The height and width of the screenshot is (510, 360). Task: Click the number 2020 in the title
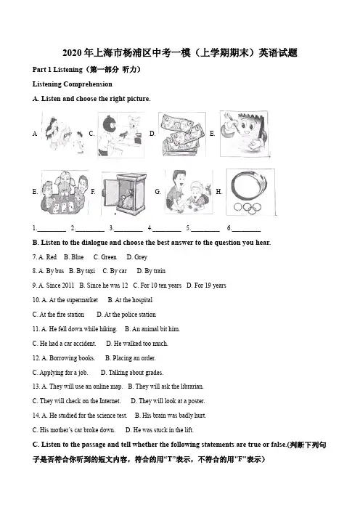(x=72, y=53)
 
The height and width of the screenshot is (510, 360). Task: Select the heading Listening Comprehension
(x=72, y=84)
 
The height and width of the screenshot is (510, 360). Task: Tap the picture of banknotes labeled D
(x=182, y=134)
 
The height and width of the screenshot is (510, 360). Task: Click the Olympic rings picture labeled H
(x=250, y=192)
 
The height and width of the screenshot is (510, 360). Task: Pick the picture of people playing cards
(x=65, y=193)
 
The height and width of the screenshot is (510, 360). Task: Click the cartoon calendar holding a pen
(x=244, y=134)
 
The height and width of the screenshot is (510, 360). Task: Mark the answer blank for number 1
(x=52, y=230)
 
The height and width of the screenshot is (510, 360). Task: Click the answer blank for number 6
(x=246, y=230)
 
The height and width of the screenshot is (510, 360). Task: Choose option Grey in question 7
(x=136, y=257)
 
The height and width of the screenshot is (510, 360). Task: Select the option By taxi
(x=82, y=271)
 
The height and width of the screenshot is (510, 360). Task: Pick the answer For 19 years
(x=206, y=286)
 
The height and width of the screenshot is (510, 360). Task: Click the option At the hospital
(x=130, y=300)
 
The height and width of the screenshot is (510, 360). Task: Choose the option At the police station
(x=126, y=315)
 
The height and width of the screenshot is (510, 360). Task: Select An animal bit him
(x=152, y=329)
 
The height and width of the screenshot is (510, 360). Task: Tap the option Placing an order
(x=131, y=358)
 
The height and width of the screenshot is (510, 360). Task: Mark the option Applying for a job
(x=60, y=373)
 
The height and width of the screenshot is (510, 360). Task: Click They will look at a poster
(x=168, y=401)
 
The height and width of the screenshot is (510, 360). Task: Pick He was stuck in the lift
(x=159, y=430)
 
